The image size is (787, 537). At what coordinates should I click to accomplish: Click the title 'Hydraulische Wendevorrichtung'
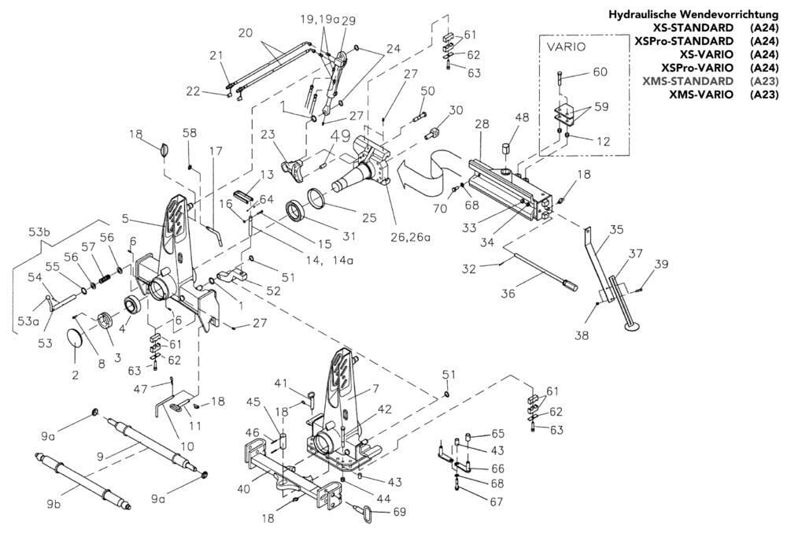[x=693, y=15]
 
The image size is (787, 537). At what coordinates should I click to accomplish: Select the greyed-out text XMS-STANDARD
[x=697, y=81]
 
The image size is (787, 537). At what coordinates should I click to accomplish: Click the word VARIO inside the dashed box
[x=566, y=47]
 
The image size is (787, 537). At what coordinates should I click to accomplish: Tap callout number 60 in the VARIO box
[x=600, y=72]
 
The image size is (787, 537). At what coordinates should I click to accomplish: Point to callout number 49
[x=342, y=137]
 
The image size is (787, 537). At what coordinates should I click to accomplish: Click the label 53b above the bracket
[x=39, y=232]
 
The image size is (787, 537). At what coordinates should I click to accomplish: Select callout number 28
[x=482, y=124]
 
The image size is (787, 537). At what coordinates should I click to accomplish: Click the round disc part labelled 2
[x=76, y=338]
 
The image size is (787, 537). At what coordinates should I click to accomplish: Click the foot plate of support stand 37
[x=631, y=328]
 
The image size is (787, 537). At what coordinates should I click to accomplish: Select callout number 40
[x=244, y=488]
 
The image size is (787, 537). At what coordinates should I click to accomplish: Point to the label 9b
[x=54, y=504]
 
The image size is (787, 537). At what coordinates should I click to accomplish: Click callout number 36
[x=508, y=293]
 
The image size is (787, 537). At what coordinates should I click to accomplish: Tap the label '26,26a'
[x=411, y=237]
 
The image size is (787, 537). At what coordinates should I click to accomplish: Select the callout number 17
[x=216, y=150]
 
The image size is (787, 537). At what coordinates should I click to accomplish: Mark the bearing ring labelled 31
[x=296, y=210]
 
